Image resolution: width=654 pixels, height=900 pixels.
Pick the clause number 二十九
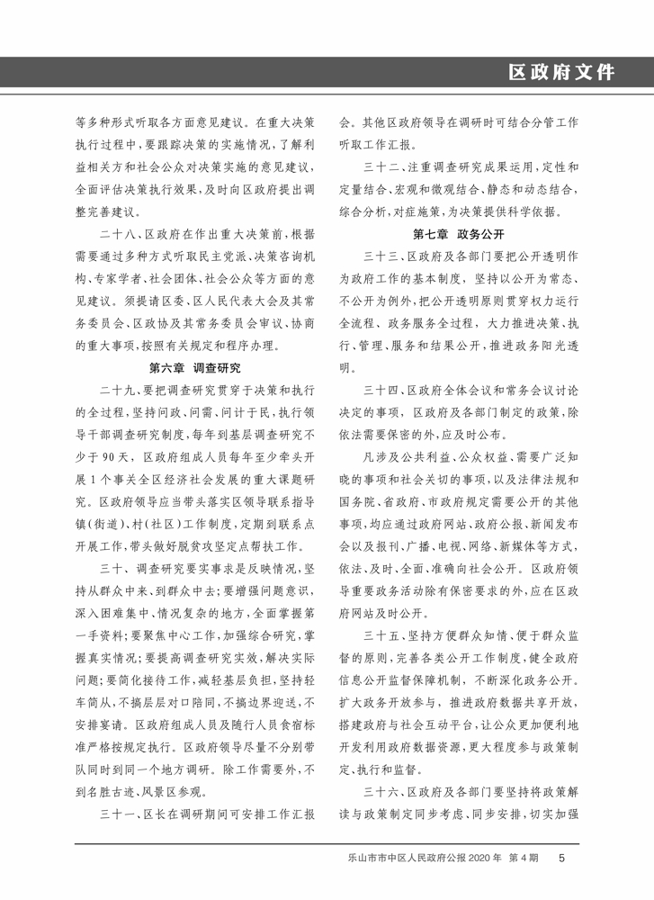120,389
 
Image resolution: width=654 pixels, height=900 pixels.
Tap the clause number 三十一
120,814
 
